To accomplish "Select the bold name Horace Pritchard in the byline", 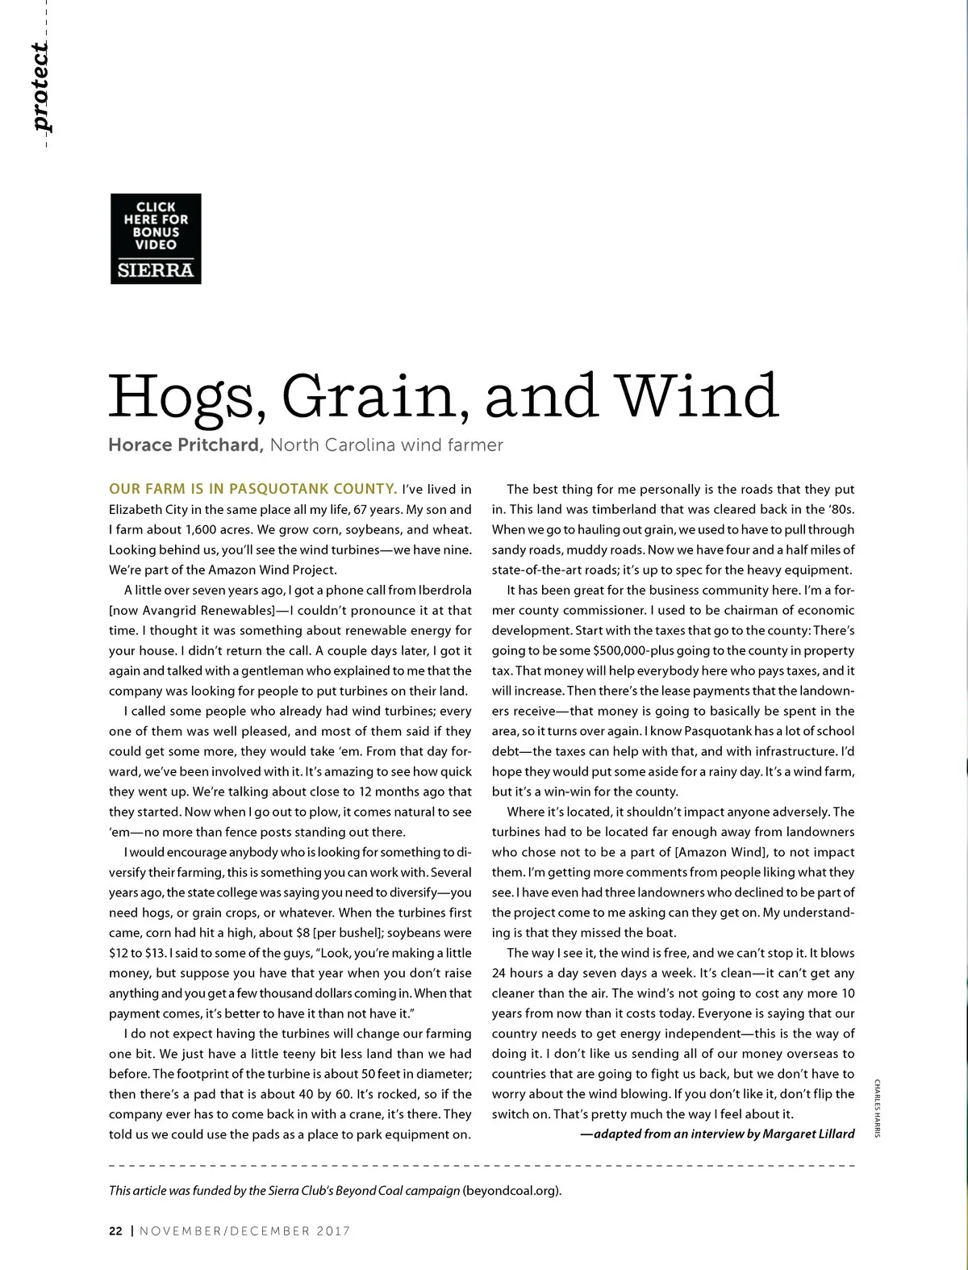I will (186, 445).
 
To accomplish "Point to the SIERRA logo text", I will (156, 270).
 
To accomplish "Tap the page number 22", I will (116, 1231).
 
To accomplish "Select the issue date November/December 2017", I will (245, 1231).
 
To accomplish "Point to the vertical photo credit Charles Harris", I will (877, 1108).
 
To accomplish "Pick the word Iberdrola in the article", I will (440, 591).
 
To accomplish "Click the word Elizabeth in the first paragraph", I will (137, 510).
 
